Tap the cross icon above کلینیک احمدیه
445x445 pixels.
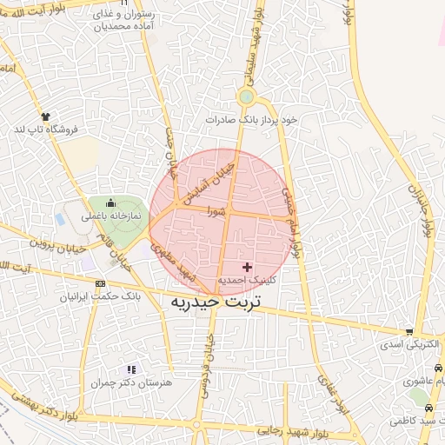tap(247, 267)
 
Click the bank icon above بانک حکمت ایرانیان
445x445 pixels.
tap(100, 284)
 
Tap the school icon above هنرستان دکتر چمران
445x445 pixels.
tap(131, 369)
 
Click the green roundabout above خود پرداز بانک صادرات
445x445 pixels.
tap(246, 97)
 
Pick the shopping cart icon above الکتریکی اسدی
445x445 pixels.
tap(409, 332)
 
